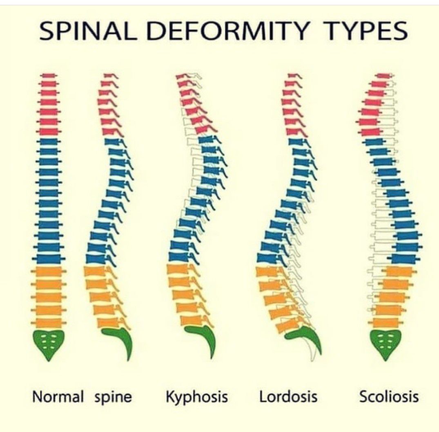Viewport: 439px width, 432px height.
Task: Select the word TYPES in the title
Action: coord(360,31)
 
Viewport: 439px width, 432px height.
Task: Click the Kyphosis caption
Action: coord(197,397)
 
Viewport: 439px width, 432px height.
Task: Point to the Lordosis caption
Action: coord(288,397)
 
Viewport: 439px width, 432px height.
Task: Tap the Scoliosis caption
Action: coord(389,397)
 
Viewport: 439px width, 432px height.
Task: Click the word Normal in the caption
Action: coord(58,397)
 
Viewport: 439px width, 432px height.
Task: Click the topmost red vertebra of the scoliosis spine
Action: coord(384,76)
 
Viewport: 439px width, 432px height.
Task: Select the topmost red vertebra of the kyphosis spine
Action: coord(183,76)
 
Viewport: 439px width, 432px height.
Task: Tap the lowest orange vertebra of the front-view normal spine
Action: coord(49,322)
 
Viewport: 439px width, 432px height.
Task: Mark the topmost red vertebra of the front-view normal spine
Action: coord(49,76)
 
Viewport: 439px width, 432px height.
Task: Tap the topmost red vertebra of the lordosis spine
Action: coord(291,76)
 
